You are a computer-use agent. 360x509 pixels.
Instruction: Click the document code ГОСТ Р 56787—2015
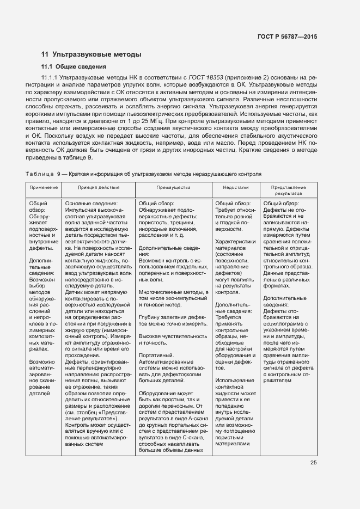click(x=287, y=36)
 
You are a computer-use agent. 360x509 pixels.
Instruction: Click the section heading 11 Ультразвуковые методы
click(x=91, y=54)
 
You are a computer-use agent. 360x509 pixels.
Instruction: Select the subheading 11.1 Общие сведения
click(x=74, y=67)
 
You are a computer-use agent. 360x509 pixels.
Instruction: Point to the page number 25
click(x=313, y=463)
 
